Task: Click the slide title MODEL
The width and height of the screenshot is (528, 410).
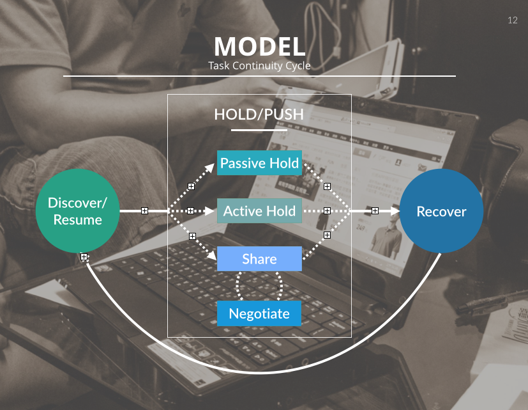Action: (259, 47)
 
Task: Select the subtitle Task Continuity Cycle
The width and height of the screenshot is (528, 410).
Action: (259, 66)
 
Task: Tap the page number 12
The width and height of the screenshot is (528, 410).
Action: (513, 20)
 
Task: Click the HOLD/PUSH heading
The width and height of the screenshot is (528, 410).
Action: (259, 114)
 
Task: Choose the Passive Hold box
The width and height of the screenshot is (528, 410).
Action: (259, 163)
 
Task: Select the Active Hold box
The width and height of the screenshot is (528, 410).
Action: (259, 211)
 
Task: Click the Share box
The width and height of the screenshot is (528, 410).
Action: (259, 259)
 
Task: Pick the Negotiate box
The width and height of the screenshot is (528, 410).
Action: (259, 313)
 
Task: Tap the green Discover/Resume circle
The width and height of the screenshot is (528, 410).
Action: (78, 210)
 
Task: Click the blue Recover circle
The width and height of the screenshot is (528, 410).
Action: (441, 211)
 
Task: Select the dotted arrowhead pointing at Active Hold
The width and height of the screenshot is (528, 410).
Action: (211, 210)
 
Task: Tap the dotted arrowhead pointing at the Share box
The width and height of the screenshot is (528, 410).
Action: (212, 256)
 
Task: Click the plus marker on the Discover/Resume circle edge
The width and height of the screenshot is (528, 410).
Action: (84, 257)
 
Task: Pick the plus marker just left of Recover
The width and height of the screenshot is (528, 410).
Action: (375, 210)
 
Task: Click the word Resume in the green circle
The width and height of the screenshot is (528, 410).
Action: (78, 220)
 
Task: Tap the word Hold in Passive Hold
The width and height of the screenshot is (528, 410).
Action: (284, 163)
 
